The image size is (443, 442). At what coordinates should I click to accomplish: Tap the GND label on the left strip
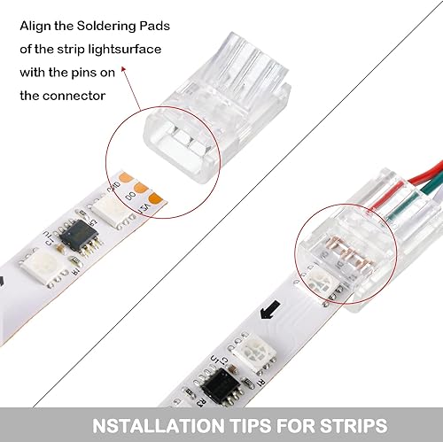coord(139,188)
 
